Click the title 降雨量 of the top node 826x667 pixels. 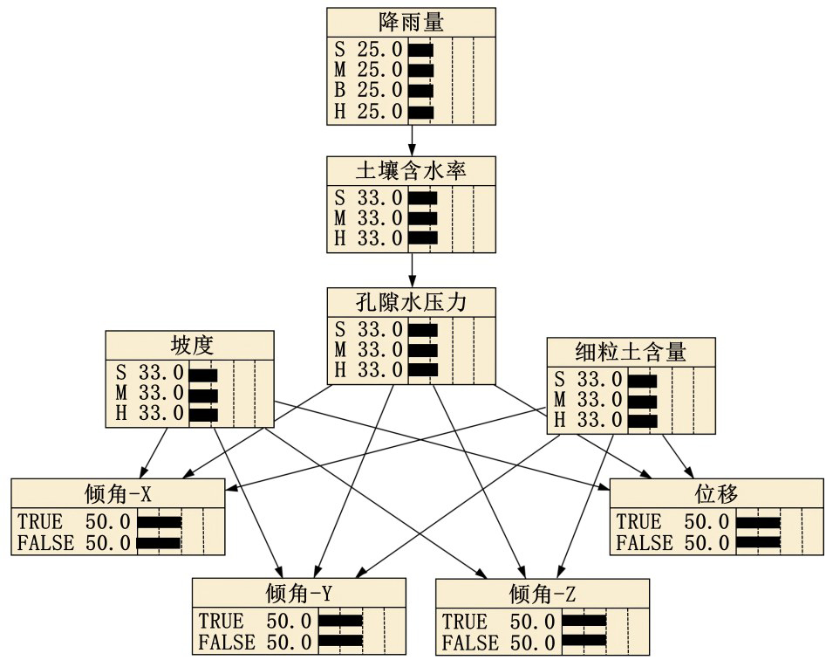click(411, 21)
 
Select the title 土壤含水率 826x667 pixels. click(411, 170)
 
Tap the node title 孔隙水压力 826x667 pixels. click(411, 302)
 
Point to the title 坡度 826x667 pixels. click(190, 344)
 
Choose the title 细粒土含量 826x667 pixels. click(631, 352)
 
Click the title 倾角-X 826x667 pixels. click(118, 493)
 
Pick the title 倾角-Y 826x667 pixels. click(299, 594)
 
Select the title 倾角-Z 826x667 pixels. click(542, 594)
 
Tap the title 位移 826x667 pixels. click(716, 493)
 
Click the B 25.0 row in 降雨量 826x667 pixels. click(369, 90)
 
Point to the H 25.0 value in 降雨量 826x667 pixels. click(380, 111)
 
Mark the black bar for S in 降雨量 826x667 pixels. click(420, 49)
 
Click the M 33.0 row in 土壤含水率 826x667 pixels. click(369, 217)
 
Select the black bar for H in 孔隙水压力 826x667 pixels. click(423, 369)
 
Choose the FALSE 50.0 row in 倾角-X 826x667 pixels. click(74, 543)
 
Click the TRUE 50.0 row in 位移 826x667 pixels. click(672, 522)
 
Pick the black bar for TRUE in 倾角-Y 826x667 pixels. click(339, 622)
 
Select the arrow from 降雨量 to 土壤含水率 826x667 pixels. click(411, 141)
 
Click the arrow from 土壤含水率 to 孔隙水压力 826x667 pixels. click(411, 271)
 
